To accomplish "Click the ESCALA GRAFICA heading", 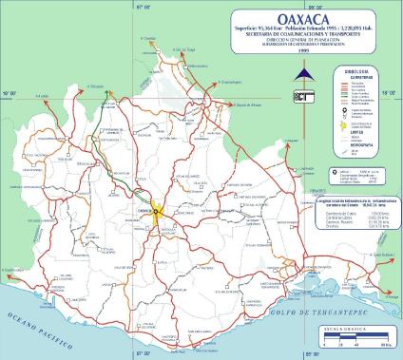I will (x=360, y=325).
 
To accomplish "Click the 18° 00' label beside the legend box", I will (x=387, y=92).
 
